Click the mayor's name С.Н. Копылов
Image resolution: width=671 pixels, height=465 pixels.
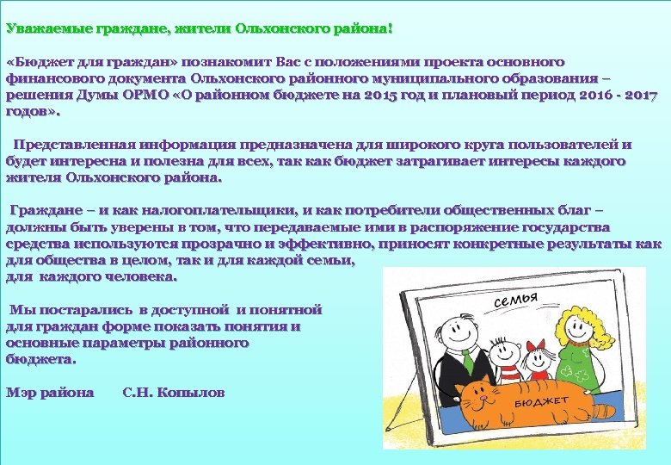pos(174,393)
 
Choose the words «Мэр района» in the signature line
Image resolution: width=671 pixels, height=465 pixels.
pos(50,393)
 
